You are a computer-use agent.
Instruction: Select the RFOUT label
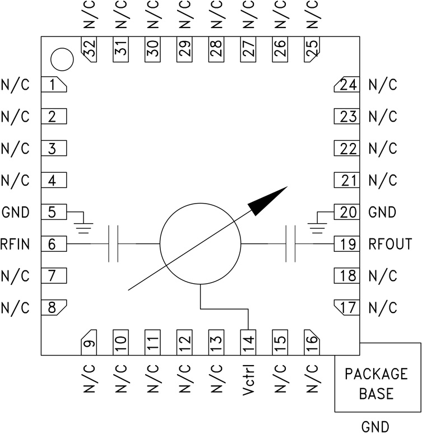point(390,244)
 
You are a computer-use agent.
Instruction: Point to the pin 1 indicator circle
point(62,59)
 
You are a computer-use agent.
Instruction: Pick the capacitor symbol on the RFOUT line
point(290,244)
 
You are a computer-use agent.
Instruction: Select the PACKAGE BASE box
point(377,384)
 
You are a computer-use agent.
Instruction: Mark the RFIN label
point(15,244)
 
